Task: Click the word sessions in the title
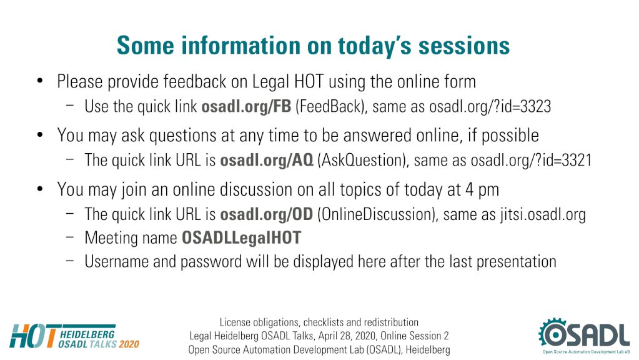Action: tap(464, 45)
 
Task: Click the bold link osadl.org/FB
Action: tap(246, 106)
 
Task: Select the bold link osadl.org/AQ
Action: tap(267, 160)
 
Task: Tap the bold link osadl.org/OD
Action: tap(267, 214)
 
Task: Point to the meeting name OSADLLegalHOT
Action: tap(241, 237)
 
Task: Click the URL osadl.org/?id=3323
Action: tap(490, 106)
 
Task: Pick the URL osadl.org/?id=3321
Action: tap(531, 160)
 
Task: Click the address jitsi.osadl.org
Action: tap(543, 214)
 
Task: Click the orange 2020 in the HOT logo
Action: tap(129, 344)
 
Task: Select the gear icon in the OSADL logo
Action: tap(553, 333)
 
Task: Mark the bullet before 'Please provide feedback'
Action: tap(39, 81)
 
